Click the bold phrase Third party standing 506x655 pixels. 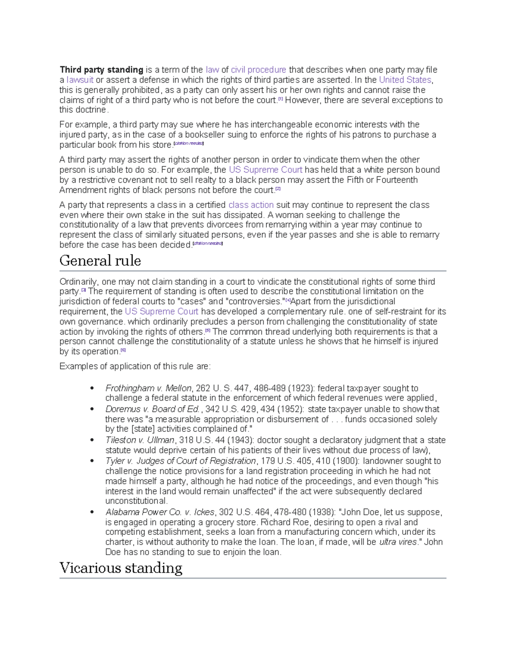pos(101,70)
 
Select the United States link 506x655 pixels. pos(405,80)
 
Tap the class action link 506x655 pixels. pos(251,205)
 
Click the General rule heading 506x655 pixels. pos(100,261)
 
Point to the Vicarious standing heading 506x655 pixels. pos(121,568)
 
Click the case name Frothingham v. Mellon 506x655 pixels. pos(148,388)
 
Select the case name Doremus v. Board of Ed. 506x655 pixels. pos(152,409)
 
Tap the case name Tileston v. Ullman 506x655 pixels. pos(140,440)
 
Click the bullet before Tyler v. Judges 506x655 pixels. pos(92,461)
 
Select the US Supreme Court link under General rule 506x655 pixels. pos(161,312)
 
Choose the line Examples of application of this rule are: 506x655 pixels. pos(135,367)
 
